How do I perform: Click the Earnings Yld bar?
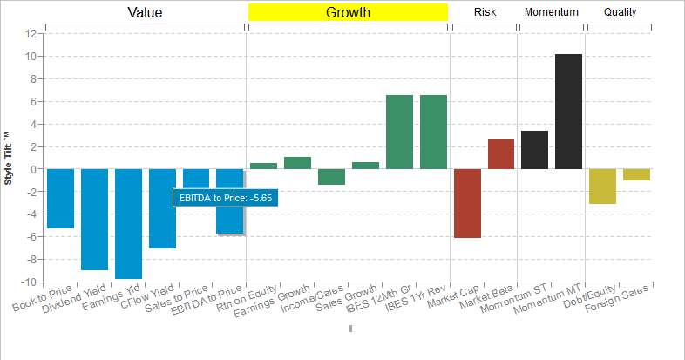[128, 223]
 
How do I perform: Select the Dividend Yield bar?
[94, 219]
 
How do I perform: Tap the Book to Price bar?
[60, 198]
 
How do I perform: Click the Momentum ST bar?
[534, 150]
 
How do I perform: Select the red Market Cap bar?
[467, 203]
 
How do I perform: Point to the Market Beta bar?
[501, 154]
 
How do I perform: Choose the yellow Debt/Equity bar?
[602, 186]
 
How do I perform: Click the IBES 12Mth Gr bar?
[399, 132]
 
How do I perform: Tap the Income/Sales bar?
[331, 177]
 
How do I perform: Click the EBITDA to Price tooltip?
[226, 199]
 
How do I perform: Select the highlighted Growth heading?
[348, 12]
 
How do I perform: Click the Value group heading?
[145, 12]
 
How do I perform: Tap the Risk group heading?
[485, 12]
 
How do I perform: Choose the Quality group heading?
[620, 12]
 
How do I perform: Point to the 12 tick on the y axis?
[31, 34]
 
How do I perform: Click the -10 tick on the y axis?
[28, 282]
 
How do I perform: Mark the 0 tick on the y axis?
[33, 169]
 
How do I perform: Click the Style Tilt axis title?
[9, 158]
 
